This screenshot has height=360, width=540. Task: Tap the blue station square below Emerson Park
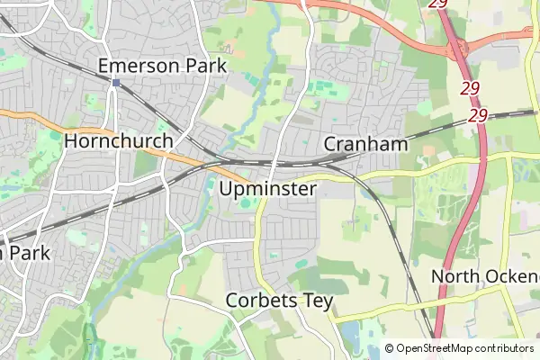point(117,83)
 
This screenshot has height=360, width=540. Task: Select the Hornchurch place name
point(118,141)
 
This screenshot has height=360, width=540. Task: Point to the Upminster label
point(267,190)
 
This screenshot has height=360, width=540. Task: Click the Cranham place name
point(364,144)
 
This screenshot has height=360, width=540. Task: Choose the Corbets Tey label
point(279,301)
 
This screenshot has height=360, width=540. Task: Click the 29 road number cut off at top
point(437,4)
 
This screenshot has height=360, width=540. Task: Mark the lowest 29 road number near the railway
point(478,116)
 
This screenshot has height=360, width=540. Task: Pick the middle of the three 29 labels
point(470,89)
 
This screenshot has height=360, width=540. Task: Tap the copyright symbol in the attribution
point(390,348)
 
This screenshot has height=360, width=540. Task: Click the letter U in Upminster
point(226,190)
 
